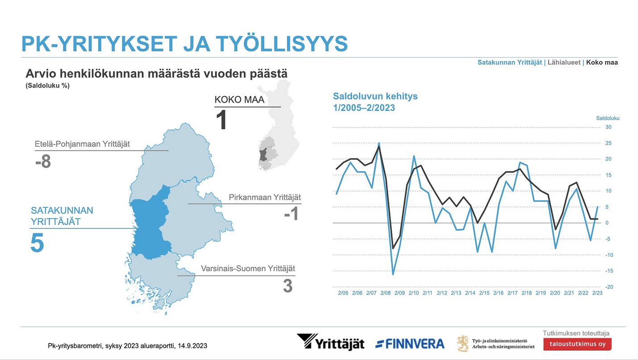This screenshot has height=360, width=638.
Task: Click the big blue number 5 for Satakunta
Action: tap(37, 243)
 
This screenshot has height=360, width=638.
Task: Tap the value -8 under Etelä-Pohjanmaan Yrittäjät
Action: tap(43, 161)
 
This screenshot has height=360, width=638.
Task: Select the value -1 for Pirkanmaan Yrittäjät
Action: tap(291, 214)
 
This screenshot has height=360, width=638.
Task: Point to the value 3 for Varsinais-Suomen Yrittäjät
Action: tap(288, 286)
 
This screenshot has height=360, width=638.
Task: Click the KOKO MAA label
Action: tap(239, 99)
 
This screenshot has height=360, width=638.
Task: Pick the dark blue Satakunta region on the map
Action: tap(150, 225)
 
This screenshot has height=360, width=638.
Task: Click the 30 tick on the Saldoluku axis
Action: tap(608, 127)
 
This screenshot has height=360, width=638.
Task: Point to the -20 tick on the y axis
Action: tap(609, 287)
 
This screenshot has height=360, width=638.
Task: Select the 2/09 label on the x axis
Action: tap(400, 293)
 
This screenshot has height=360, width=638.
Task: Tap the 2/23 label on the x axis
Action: tap(597, 293)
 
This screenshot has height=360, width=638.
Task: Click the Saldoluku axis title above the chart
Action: tap(608, 118)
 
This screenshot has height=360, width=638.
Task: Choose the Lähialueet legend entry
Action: tap(564, 62)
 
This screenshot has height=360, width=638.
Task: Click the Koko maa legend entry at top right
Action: tap(602, 62)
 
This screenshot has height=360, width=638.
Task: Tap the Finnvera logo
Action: tap(410, 344)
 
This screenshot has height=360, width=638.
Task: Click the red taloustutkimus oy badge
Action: tap(577, 344)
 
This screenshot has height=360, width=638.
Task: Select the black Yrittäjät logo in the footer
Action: tap(331, 342)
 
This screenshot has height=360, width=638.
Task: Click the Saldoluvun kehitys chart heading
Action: tap(375, 96)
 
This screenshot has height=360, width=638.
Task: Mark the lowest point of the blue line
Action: tap(393, 274)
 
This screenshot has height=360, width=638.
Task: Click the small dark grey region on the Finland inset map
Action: tap(263, 155)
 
